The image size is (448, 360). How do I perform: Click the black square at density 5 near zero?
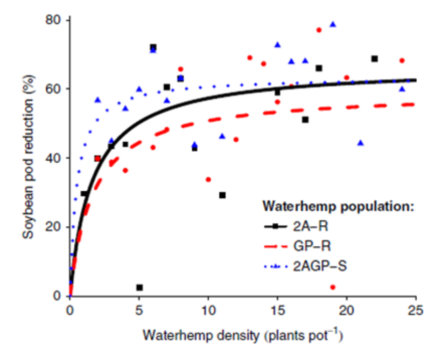[139, 287]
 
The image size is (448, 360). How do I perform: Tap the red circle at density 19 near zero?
[333, 287]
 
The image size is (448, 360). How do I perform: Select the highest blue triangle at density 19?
[333, 24]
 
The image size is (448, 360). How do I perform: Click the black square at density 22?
[374, 59]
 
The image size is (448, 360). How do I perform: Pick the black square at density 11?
[222, 195]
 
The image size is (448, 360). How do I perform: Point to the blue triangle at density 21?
[360, 143]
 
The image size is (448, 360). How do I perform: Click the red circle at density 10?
[208, 180]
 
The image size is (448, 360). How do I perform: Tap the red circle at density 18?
[319, 30]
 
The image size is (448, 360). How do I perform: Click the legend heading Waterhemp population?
[338, 205]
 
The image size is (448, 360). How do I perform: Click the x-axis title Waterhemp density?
[243, 335]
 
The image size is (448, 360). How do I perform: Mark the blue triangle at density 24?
[402, 89]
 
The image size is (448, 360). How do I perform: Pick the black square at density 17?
[305, 120]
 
